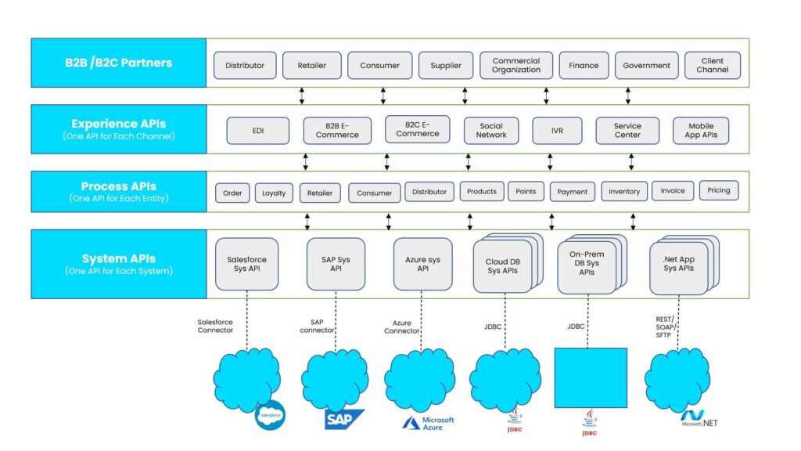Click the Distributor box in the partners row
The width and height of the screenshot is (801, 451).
[245, 66]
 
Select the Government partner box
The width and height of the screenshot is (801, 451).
[646, 66]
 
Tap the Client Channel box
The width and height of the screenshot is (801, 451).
[713, 66]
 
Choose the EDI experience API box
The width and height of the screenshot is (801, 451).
[257, 131]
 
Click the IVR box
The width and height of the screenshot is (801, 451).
[557, 131]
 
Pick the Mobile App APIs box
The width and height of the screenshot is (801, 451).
[701, 131]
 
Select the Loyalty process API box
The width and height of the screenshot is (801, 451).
[274, 193]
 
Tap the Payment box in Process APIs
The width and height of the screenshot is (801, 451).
[573, 192]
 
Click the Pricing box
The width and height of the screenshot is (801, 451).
[718, 190]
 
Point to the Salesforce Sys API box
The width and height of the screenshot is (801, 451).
[246, 264]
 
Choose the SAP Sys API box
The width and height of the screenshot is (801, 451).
[336, 264]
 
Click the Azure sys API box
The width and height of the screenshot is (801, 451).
[422, 264]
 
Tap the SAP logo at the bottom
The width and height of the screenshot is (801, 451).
[344, 419]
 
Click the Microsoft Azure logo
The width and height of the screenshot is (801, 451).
[428, 423]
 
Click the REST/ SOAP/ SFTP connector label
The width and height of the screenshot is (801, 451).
[665, 327]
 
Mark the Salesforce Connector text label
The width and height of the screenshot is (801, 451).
[215, 326]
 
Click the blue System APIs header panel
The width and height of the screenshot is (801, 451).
[119, 264]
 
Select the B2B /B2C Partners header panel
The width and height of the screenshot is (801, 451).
[119, 63]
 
